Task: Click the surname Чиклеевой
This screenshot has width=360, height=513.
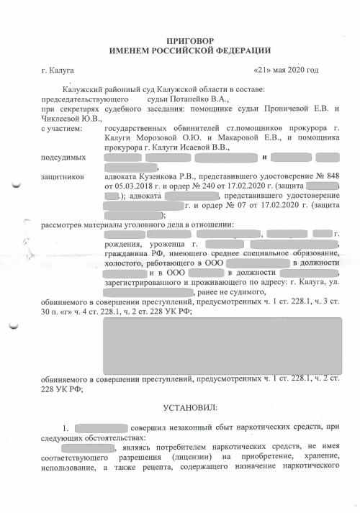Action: (62, 118)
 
